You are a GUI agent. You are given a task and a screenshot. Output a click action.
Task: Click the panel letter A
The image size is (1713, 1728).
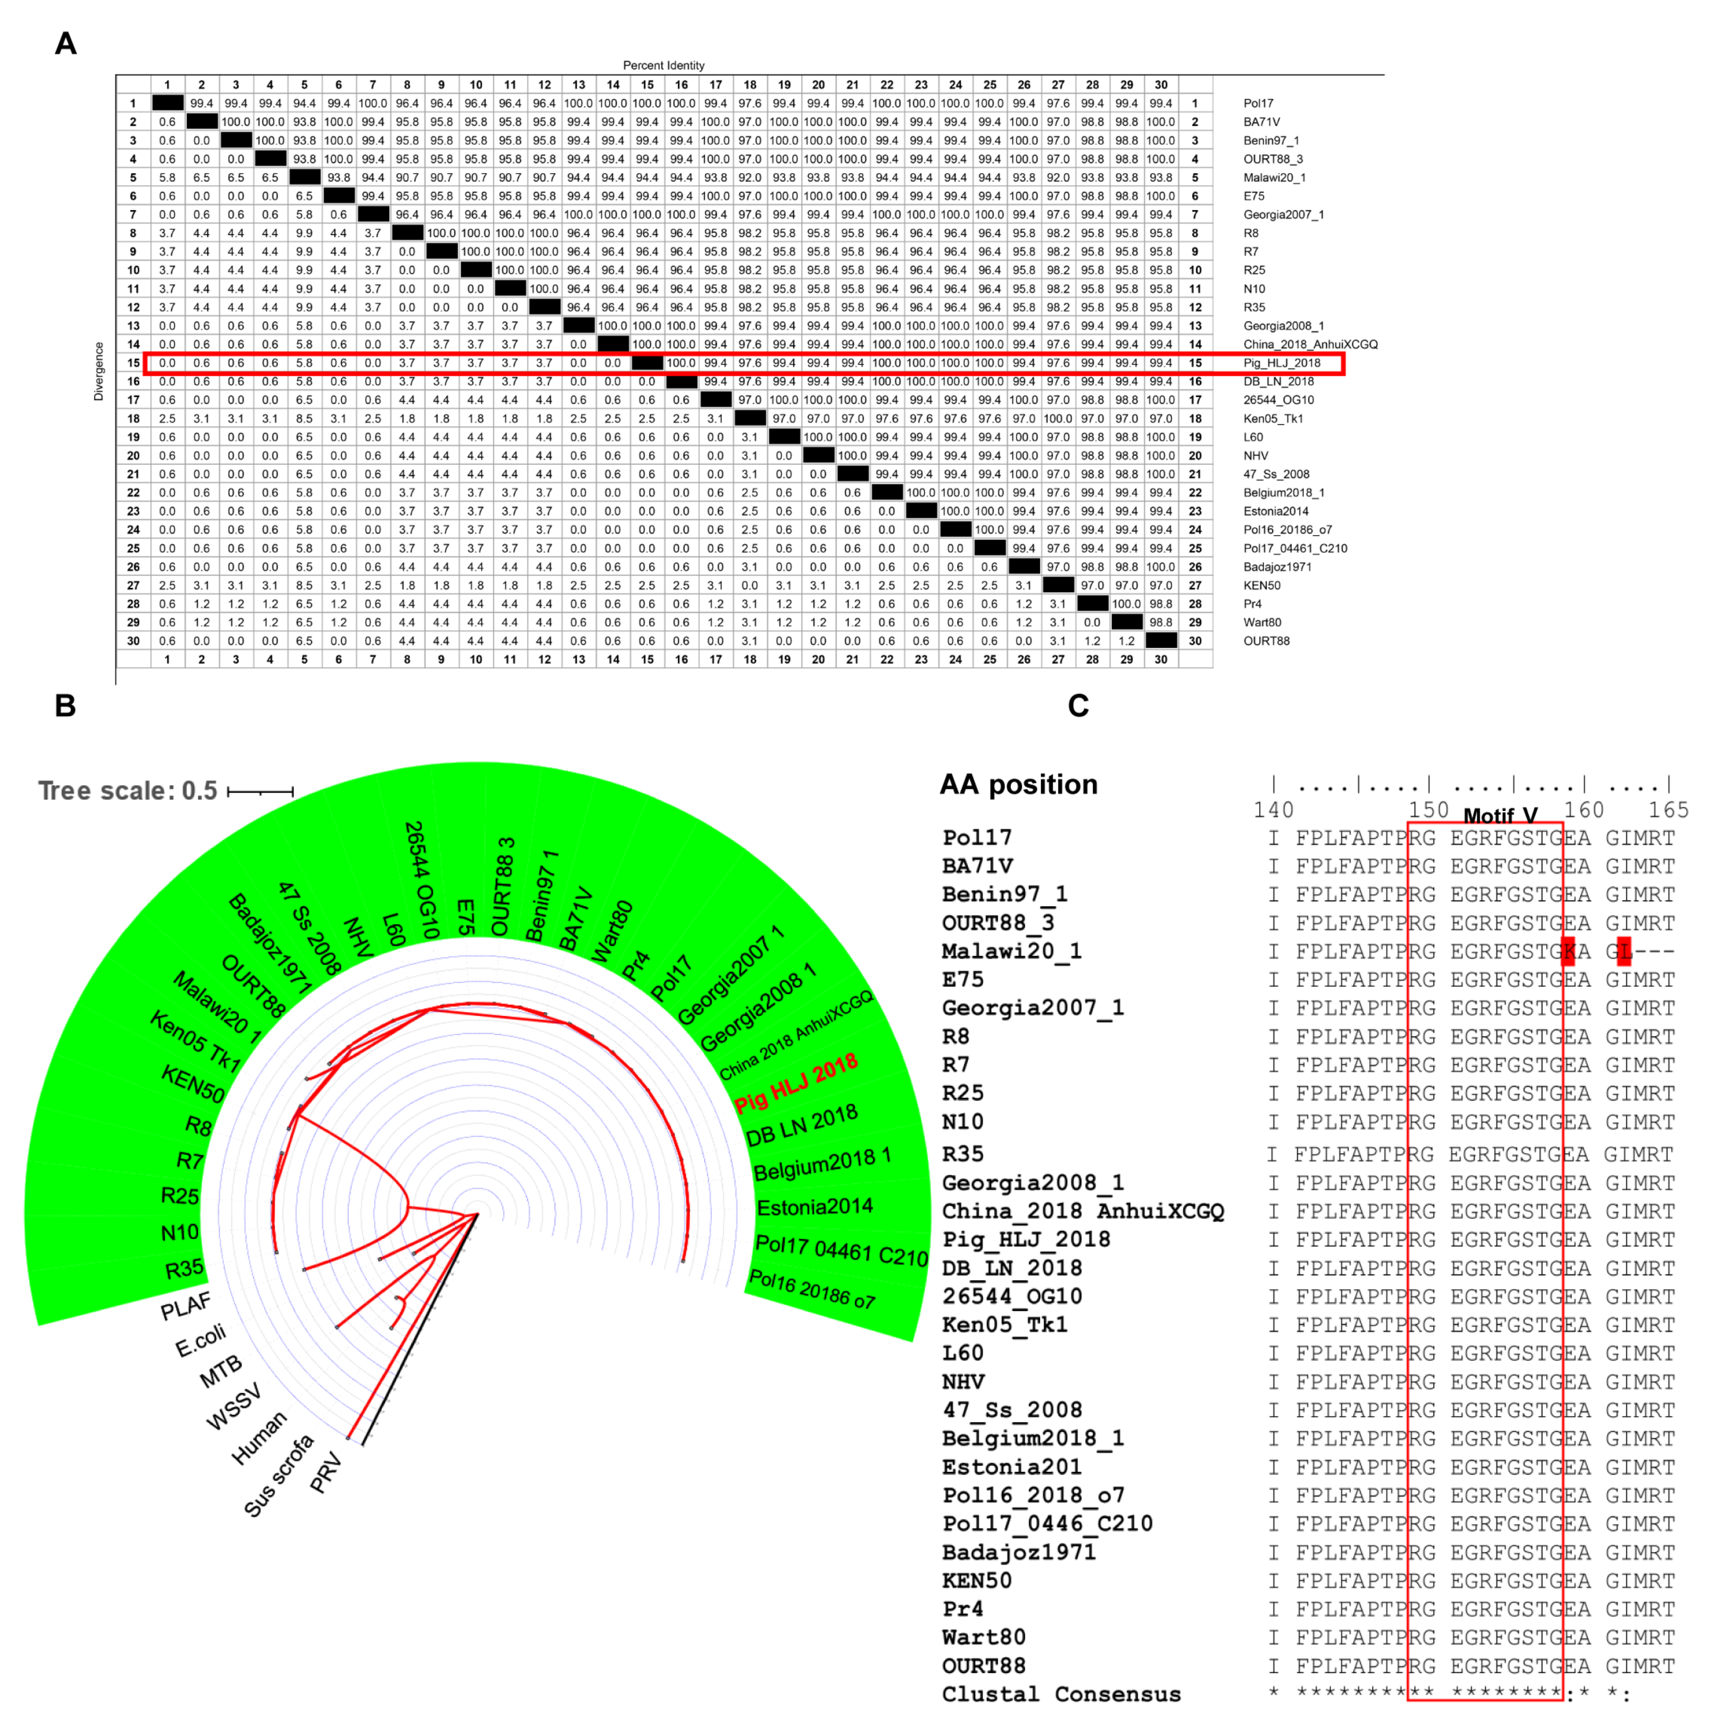click(65, 44)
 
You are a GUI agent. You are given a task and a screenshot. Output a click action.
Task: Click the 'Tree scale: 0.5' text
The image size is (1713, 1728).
click(128, 791)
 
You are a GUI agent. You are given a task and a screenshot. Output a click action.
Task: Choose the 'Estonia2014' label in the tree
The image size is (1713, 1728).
click(814, 1208)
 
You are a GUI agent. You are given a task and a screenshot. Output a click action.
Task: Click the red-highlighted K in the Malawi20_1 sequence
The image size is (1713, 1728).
click(1569, 951)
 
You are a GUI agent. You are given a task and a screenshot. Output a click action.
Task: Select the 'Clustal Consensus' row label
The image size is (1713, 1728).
click(1061, 1694)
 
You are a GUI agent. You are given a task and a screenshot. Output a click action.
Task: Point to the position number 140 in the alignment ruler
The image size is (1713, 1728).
click(1273, 809)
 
